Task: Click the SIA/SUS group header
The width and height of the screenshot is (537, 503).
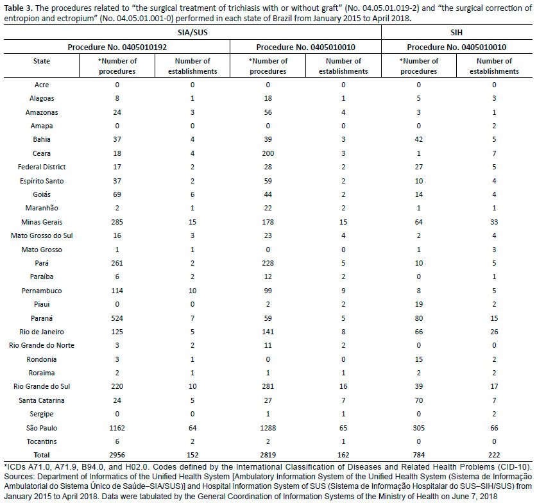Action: click(x=192, y=33)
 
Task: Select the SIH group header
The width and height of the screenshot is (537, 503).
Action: click(x=457, y=33)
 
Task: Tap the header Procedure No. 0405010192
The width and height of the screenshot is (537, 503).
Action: click(x=117, y=47)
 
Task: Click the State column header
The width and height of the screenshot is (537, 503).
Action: click(x=42, y=61)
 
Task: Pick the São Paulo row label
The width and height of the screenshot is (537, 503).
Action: click(x=42, y=428)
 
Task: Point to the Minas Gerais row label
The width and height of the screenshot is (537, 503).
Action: click(x=42, y=222)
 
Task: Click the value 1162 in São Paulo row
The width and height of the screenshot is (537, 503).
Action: click(x=117, y=428)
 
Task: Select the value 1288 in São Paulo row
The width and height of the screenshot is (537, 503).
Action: click(x=268, y=428)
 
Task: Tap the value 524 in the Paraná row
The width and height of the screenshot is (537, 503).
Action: click(x=117, y=318)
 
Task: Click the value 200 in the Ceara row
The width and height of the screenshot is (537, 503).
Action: click(x=268, y=153)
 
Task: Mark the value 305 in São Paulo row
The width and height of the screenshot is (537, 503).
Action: click(x=419, y=428)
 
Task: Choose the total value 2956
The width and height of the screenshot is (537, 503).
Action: click(x=117, y=455)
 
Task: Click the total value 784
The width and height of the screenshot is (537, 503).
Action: click(x=419, y=455)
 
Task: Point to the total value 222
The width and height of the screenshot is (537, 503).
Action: click(x=494, y=455)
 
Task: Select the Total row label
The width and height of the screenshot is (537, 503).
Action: click(x=42, y=455)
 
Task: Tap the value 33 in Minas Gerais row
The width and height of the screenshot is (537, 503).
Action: click(x=494, y=222)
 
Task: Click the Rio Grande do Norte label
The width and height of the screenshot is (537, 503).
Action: click(x=42, y=345)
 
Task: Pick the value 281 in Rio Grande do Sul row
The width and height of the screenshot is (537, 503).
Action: click(x=268, y=386)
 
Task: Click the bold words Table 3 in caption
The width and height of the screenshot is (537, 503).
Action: click(x=19, y=8)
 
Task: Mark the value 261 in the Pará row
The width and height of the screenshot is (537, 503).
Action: click(x=117, y=263)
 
